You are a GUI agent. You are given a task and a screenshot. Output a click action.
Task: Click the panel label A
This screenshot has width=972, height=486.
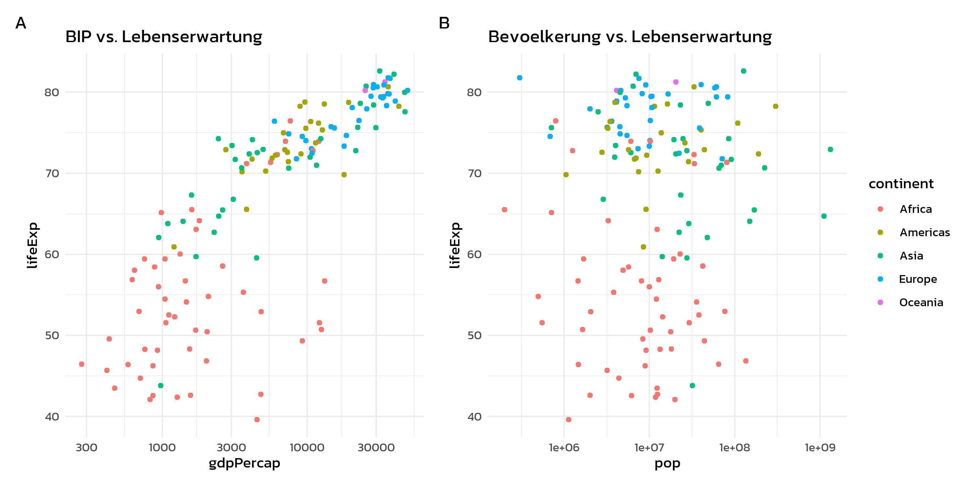21,23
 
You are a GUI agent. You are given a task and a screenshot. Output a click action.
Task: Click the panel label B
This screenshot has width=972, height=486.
444,23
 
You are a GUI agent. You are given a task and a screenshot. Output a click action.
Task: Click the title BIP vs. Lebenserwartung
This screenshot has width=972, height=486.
163,37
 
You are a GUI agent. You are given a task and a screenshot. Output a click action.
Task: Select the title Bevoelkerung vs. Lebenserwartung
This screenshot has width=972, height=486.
630,37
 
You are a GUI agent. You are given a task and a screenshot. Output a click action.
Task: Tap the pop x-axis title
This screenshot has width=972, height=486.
667,463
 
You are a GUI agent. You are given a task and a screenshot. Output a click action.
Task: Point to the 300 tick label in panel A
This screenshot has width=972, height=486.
87,447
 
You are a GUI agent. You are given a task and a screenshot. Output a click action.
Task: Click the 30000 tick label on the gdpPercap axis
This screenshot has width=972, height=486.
376,447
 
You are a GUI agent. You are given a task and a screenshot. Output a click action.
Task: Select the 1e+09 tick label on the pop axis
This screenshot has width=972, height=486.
820,447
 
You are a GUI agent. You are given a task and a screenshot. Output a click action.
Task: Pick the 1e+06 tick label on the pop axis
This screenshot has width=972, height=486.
564,447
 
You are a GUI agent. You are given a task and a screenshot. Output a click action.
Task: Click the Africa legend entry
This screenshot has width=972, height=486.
915,209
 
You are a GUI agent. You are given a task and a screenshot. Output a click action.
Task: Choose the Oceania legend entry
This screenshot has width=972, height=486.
921,302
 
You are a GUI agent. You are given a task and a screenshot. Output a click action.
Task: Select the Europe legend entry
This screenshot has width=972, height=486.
918,279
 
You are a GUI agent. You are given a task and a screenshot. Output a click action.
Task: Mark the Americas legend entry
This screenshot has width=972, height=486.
924,232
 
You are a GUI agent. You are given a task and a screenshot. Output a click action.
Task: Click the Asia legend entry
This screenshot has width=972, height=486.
911,256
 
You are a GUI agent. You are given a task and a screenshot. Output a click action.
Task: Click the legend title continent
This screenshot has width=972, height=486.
901,184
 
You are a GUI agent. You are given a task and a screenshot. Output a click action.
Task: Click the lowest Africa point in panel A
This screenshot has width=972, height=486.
257,420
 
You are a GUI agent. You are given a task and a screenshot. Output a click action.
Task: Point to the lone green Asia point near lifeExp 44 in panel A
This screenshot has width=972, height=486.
161,386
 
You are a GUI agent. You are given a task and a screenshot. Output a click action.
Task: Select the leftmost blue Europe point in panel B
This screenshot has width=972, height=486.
520,78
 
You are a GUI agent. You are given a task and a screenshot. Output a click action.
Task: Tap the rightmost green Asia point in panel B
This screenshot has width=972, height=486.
830,149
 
